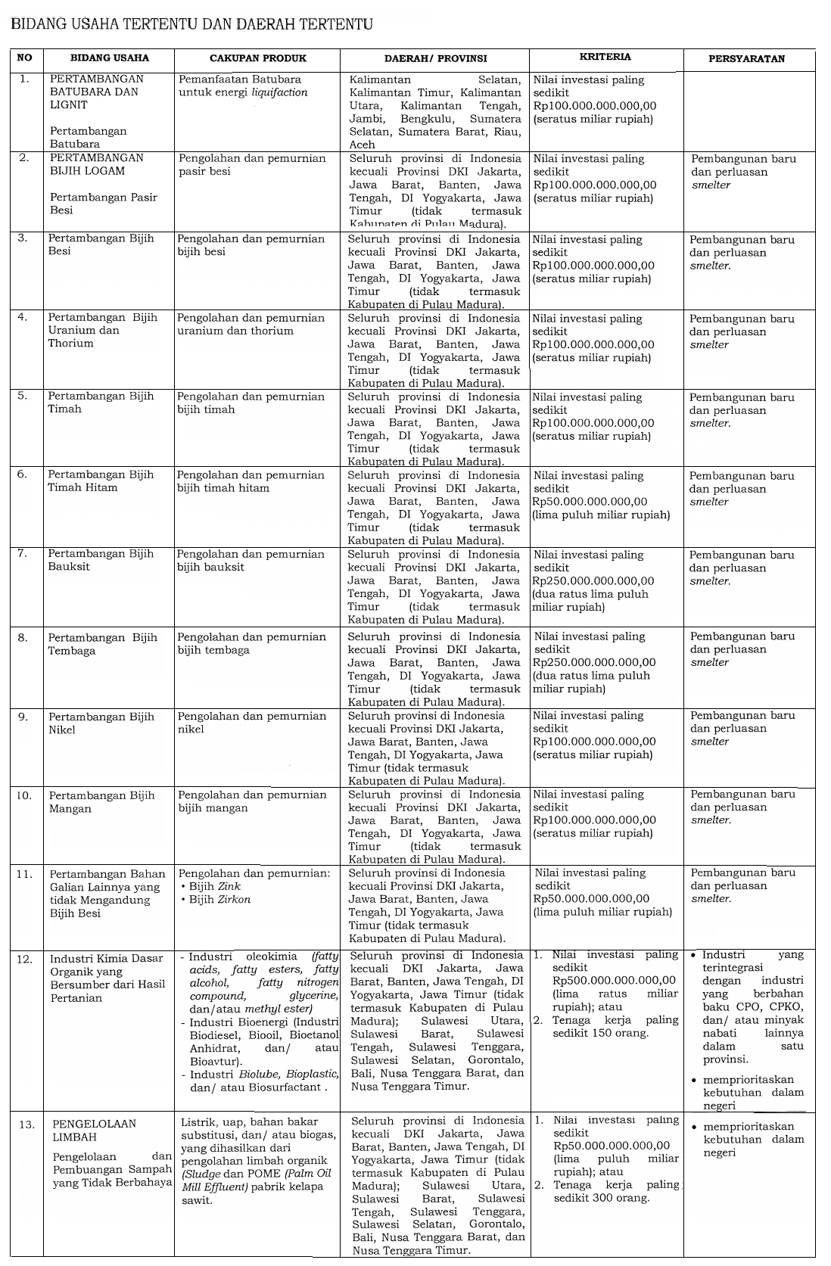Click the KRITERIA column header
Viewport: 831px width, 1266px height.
(x=605, y=57)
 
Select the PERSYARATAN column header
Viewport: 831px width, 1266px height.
(x=746, y=58)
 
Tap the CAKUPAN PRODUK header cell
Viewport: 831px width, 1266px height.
(x=256, y=58)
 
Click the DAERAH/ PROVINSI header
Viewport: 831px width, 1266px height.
(x=435, y=58)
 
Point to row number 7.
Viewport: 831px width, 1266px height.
(x=23, y=554)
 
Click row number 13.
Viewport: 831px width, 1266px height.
(x=27, y=1124)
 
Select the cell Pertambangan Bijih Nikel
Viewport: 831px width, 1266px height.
(x=101, y=723)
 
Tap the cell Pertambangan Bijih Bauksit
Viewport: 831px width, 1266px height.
(x=101, y=560)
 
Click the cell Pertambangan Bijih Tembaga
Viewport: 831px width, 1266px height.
(x=103, y=644)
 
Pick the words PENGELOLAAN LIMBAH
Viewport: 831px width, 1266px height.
(x=95, y=1131)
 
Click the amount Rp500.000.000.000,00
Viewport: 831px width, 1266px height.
(x=614, y=981)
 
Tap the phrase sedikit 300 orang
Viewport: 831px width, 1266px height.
(x=601, y=1198)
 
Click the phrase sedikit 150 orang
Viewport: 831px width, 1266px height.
(x=600, y=1034)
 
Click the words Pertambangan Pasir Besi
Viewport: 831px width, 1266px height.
(x=104, y=204)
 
